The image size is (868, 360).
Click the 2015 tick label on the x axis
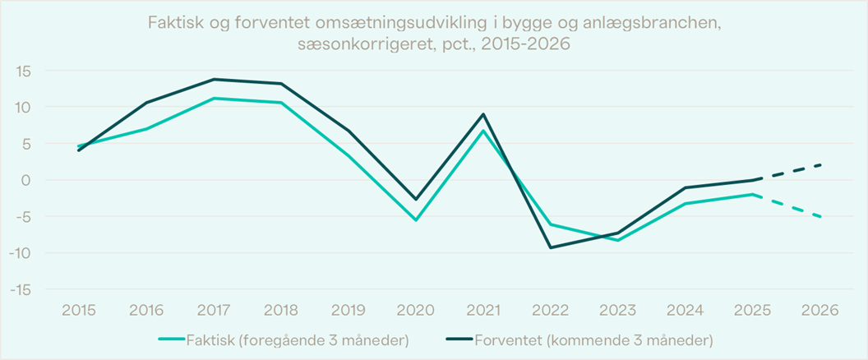[79, 311]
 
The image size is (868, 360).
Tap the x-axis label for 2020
[416, 311]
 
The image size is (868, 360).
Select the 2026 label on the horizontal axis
[820, 311]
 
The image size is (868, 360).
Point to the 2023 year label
[618, 311]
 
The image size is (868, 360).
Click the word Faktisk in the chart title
[174, 23]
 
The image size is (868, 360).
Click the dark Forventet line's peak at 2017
[214, 79]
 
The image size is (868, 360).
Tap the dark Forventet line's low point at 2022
[551, 247]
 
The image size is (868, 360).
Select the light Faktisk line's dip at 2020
[416, 220]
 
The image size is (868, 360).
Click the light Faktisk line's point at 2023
[618, 240]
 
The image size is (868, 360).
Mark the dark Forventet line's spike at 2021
[483, 114]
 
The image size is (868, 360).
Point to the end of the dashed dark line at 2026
[820, 165]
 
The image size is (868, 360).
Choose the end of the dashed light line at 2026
[820, 216]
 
